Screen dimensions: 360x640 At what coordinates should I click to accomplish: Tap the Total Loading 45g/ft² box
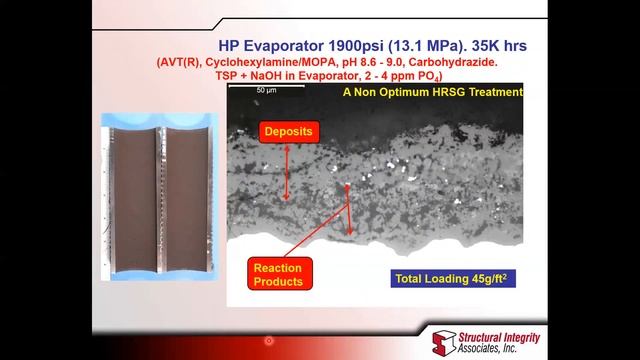click(x=454, y=278)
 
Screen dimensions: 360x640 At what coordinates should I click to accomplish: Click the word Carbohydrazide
click(x=458, y=62)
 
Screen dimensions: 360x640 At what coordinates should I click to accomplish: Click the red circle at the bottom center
click(x=269, y=341)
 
